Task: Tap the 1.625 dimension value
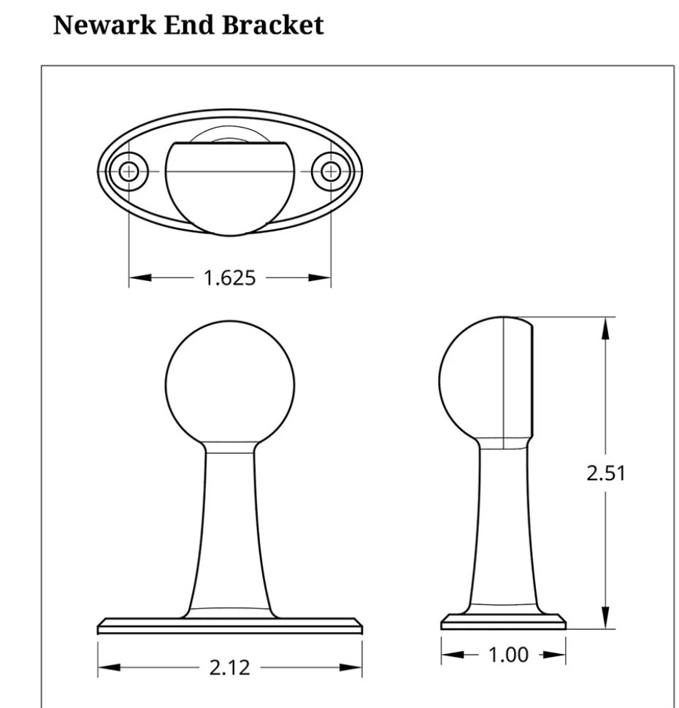pos(229,278)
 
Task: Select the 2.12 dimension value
pos(229,667)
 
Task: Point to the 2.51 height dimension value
pos(605,473)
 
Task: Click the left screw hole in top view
pos(129,172)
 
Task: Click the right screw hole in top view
pos(331,172)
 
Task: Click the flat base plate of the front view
pos(230,626)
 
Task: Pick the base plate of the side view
pos(504,622)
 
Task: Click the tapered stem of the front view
pos(230,533)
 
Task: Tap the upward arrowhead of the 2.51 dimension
pos(605,330)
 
